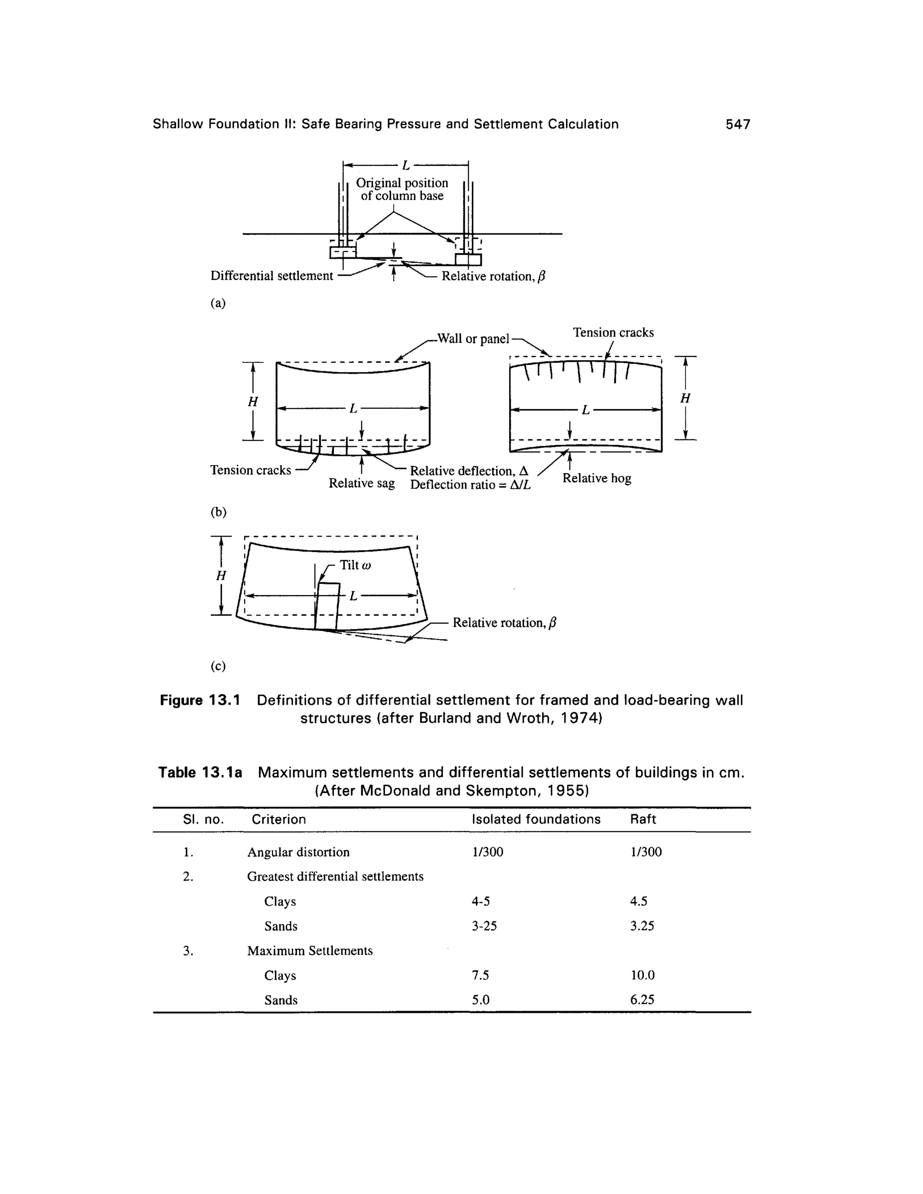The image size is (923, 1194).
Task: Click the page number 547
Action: click(x=738, y=125)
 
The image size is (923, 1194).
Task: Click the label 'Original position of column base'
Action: click(x=402, y=189)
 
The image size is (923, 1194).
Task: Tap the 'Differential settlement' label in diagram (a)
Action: click(x=272, y=276)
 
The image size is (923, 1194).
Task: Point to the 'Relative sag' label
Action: click(x=361, y=483)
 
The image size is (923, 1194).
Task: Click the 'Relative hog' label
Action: click(x=597, y=479)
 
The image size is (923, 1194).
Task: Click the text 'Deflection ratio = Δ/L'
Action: click(x=470, y=485)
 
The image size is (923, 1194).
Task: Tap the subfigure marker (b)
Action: click(x=218, y=512)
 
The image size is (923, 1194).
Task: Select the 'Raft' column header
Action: click(x=643, y=819)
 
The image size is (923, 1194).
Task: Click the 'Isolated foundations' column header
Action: click(x=536, y=819)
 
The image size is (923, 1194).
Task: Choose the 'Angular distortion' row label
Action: click(x=298, y=852)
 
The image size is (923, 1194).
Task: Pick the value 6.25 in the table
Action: click(x=642, y=999)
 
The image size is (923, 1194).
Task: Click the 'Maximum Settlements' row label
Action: click(x=310, y=951)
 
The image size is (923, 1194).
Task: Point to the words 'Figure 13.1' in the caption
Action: click(x=200, y=700)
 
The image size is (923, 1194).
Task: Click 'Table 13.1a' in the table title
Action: click(x=200, y=772)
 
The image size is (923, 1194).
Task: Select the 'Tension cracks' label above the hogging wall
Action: click(x=613, y=333)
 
